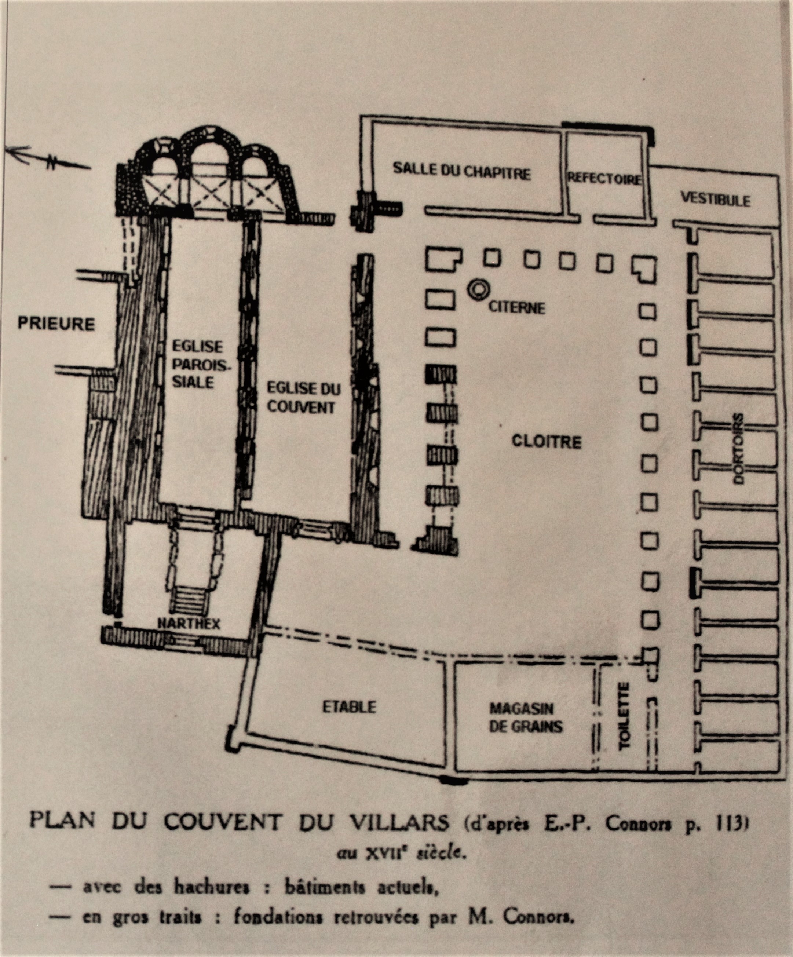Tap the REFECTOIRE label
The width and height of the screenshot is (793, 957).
tap(604, 179)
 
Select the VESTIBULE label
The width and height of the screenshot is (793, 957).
tap(715, 200)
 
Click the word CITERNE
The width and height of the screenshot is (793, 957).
tap(517, 308)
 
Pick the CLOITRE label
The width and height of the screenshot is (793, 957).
tap(547, 441)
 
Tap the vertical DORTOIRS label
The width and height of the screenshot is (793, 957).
tap(738, 449)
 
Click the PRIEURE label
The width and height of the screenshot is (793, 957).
tap(56, 324)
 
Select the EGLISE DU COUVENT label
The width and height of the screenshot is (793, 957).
tap(303, 398)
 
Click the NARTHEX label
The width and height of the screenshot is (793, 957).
tap(189, 624)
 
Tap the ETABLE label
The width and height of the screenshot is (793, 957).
tap(349, 707)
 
